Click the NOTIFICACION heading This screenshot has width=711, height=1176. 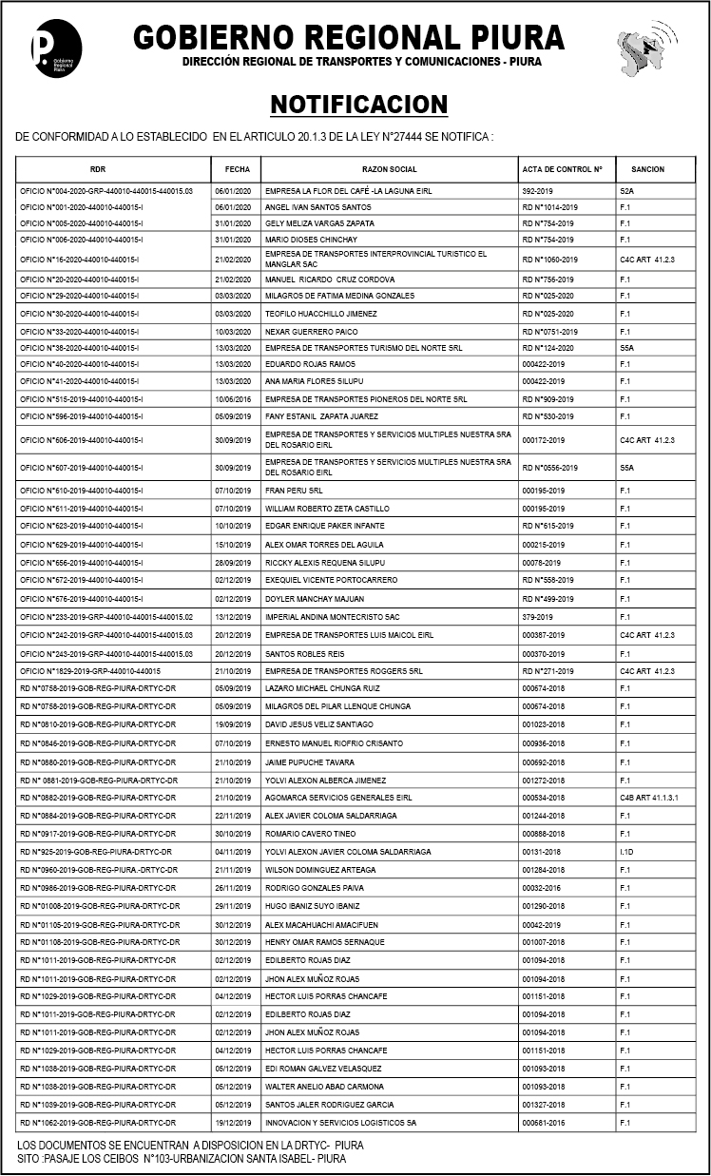pyautogui.click(x=358, y=105)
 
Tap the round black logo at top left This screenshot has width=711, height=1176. pyautogui.click(x=56, y=48)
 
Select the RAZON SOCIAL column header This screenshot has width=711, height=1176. pyautogui.click(x=389, y=169)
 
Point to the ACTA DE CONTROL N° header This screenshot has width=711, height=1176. pyautogui.click(x=562, y=169)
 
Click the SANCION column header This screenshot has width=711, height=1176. pyautogui.click(x=647, y=169)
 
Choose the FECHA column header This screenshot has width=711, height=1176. pyautogui.click(x=237, y=169)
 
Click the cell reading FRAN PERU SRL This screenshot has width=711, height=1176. pyautogui.click(x=294, y=491)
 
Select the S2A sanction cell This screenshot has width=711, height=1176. pyautogui.click(x=627, y=191)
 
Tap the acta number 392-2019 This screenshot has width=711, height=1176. pyautogui.click(x=538, y=191)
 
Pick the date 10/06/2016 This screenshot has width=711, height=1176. pyautogui.click(x=232, y=399)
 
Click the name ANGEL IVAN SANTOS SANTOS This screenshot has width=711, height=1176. pyautogui.click(x=317, y=207)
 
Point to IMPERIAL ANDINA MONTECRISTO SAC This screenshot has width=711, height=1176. pyautogui.click(x=332, y=617)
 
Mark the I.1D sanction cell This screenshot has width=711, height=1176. pyautogui.click(x=626, y=852)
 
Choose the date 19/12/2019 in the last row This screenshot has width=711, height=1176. pyautogui.click(x=232, y=1123)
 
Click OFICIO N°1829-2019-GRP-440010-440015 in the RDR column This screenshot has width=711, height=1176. pyautogui.click(x=90, y=671)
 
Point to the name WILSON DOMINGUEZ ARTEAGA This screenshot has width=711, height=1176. pyautogui.click(x=320, y=870)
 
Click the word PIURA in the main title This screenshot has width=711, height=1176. pyautogui.click(x=518, y=37)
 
